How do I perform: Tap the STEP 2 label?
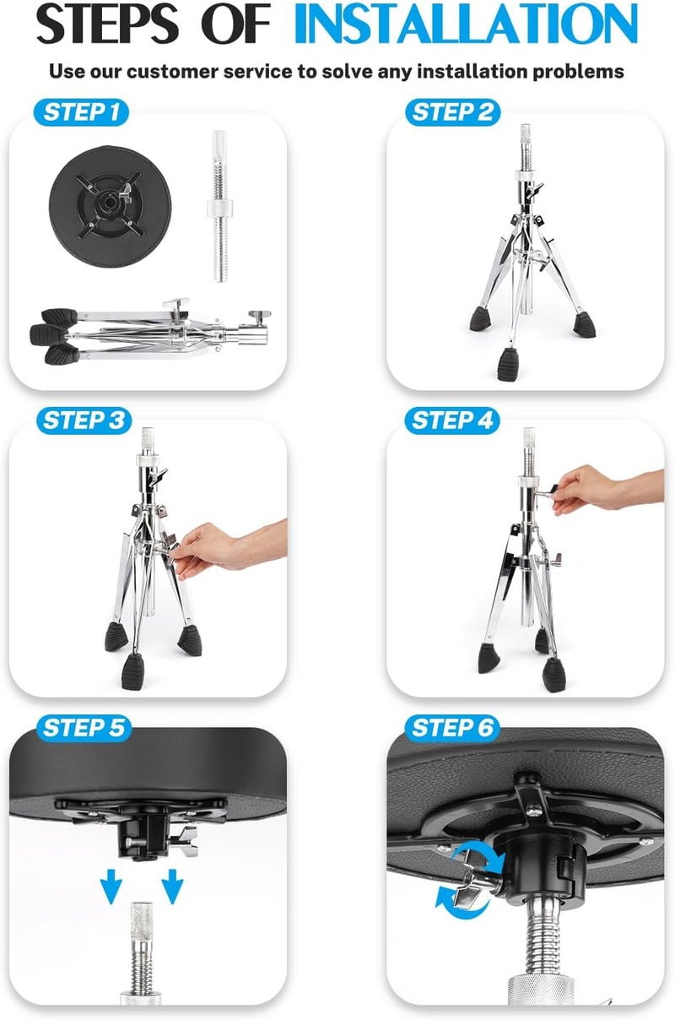pos(452,112)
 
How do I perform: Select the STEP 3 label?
pos(82,420)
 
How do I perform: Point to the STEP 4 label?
pos(452,420)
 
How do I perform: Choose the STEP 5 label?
pos(82,728)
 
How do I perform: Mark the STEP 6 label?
pos(452,728)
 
